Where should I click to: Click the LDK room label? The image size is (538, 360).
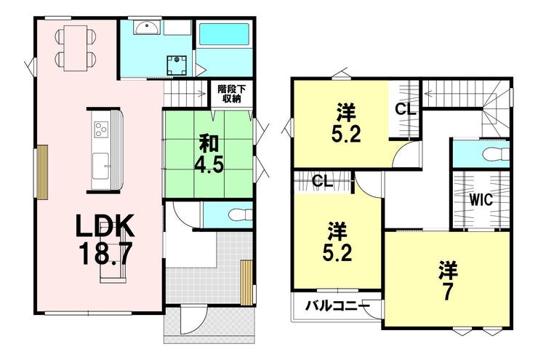click(x=105, y=225)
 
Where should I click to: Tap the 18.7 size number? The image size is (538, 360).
click(x=105, y=253)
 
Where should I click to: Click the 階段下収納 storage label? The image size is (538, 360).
click(x=232, y=94)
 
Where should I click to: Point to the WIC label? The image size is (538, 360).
click(x=481, y=200)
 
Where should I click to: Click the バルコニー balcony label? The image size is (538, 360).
click(x=338, y=305)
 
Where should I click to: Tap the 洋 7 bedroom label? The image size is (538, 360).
click(x=447, y=281)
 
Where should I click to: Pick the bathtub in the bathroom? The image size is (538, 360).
click(x=224, y=34)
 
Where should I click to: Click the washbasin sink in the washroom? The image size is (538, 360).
click(x=147, y=28)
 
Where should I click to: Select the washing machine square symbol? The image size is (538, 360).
click(x=177, y=65)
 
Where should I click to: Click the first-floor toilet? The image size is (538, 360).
click(x=239, y=215)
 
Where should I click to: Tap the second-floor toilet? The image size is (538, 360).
click(x=495, y=154)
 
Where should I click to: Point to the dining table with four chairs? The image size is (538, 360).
click(x=76, y=49)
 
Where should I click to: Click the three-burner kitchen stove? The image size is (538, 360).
click(x=101, y=129)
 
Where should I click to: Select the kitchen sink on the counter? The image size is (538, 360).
click(x=101, y=167)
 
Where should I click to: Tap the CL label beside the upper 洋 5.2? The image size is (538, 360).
click(x=405, y=110)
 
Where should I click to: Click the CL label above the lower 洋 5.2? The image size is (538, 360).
click(x=323, y=181)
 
